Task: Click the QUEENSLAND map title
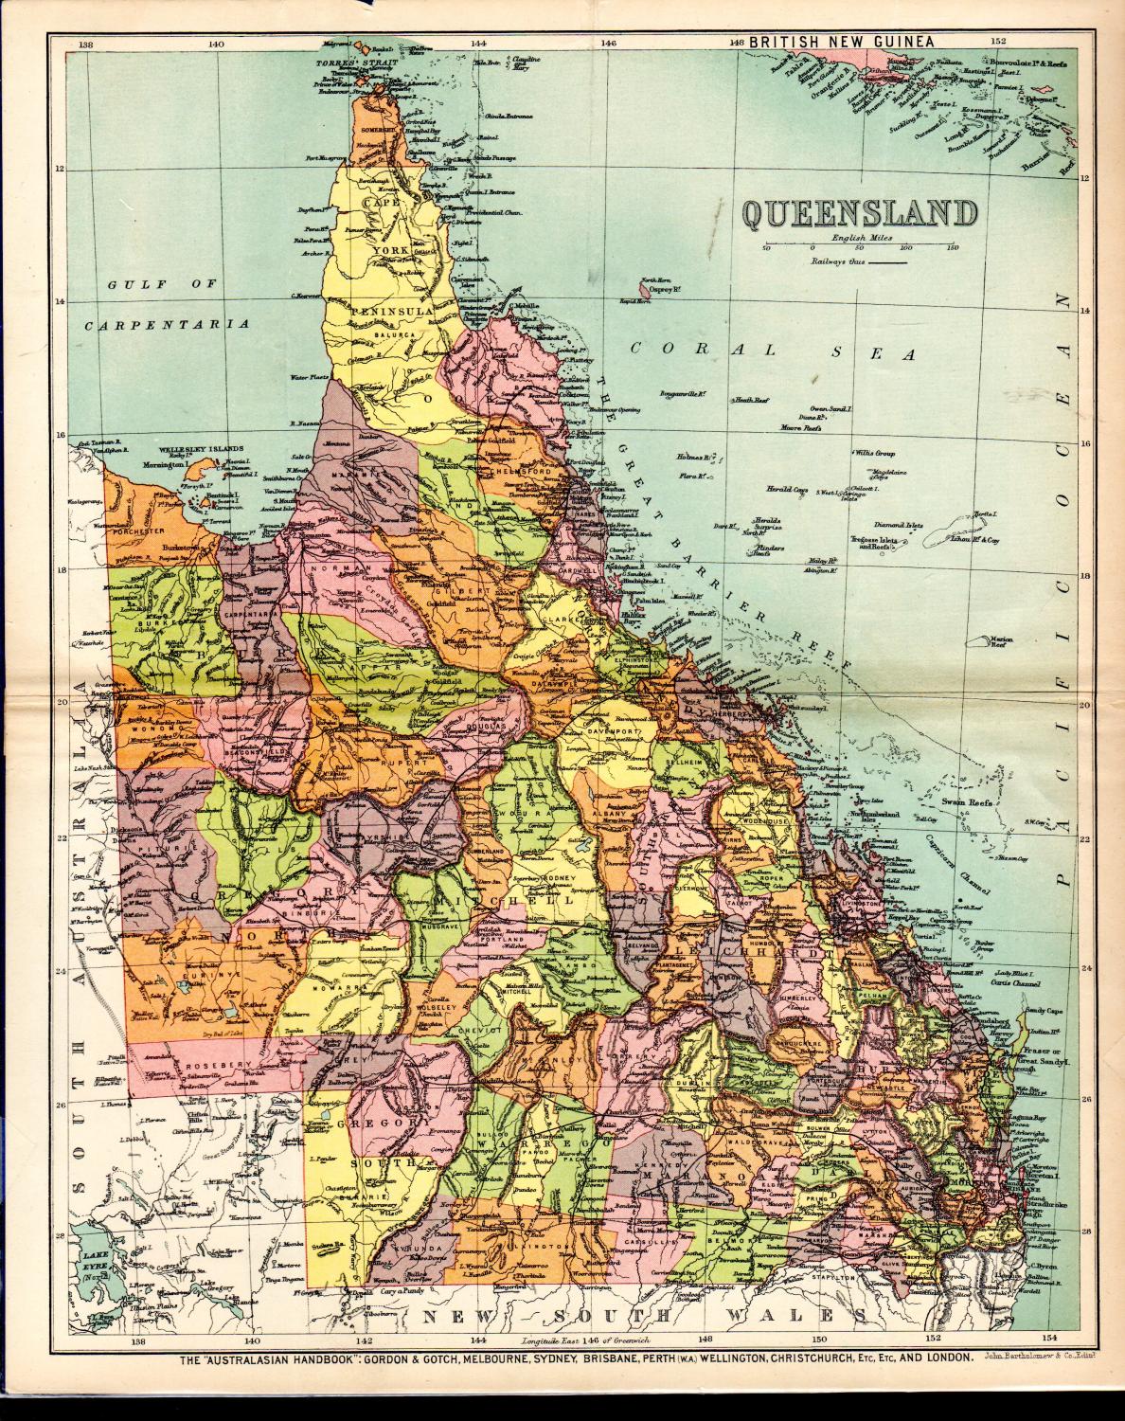coord(858,213)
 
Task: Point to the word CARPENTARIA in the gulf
coord(166,324)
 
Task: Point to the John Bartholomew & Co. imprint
coord(1040,1358)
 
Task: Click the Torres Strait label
coord(348,64)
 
